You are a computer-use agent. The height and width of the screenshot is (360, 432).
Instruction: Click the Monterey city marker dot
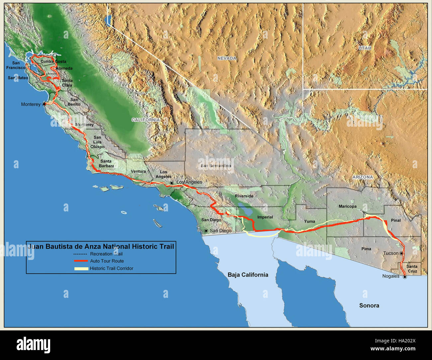coord(44,104)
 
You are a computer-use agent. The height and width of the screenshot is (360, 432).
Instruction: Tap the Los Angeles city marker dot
coord(171,183)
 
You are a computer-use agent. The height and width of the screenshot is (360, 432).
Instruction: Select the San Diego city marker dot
coord(206,231)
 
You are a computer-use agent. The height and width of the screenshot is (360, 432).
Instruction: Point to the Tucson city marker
coord(401,253)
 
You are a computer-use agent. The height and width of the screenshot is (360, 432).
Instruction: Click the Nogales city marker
coord(404,277)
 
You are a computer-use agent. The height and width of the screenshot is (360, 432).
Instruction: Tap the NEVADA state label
coord(227,58)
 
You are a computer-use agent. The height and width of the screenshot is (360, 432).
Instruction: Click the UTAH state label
coord(365,48)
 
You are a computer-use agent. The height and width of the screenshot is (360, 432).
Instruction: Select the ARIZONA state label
coord(363,177)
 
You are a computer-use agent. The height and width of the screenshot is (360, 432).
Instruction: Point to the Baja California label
coord(248,275)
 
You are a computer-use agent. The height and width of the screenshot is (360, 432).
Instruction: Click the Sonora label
coord(369,305)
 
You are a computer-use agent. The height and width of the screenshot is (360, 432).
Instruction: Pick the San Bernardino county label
coord(216,166)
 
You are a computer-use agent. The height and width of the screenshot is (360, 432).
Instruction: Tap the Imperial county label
coord(265,217)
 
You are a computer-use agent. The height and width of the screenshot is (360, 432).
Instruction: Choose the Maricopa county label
coord(347,206)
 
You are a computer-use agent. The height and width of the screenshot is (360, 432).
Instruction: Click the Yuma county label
coord(309,221)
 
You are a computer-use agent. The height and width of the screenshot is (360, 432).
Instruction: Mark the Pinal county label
coord(396,220)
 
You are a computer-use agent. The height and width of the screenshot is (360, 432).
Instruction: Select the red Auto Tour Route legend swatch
coord(81,261)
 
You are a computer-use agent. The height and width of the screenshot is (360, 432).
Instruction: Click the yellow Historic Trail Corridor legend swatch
coord(81,269)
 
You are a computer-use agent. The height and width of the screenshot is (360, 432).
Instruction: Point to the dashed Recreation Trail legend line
coord(80,254)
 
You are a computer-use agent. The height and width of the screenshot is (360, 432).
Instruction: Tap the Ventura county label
coord(138,172)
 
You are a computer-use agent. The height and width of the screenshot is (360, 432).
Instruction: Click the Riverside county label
coord(244,196)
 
